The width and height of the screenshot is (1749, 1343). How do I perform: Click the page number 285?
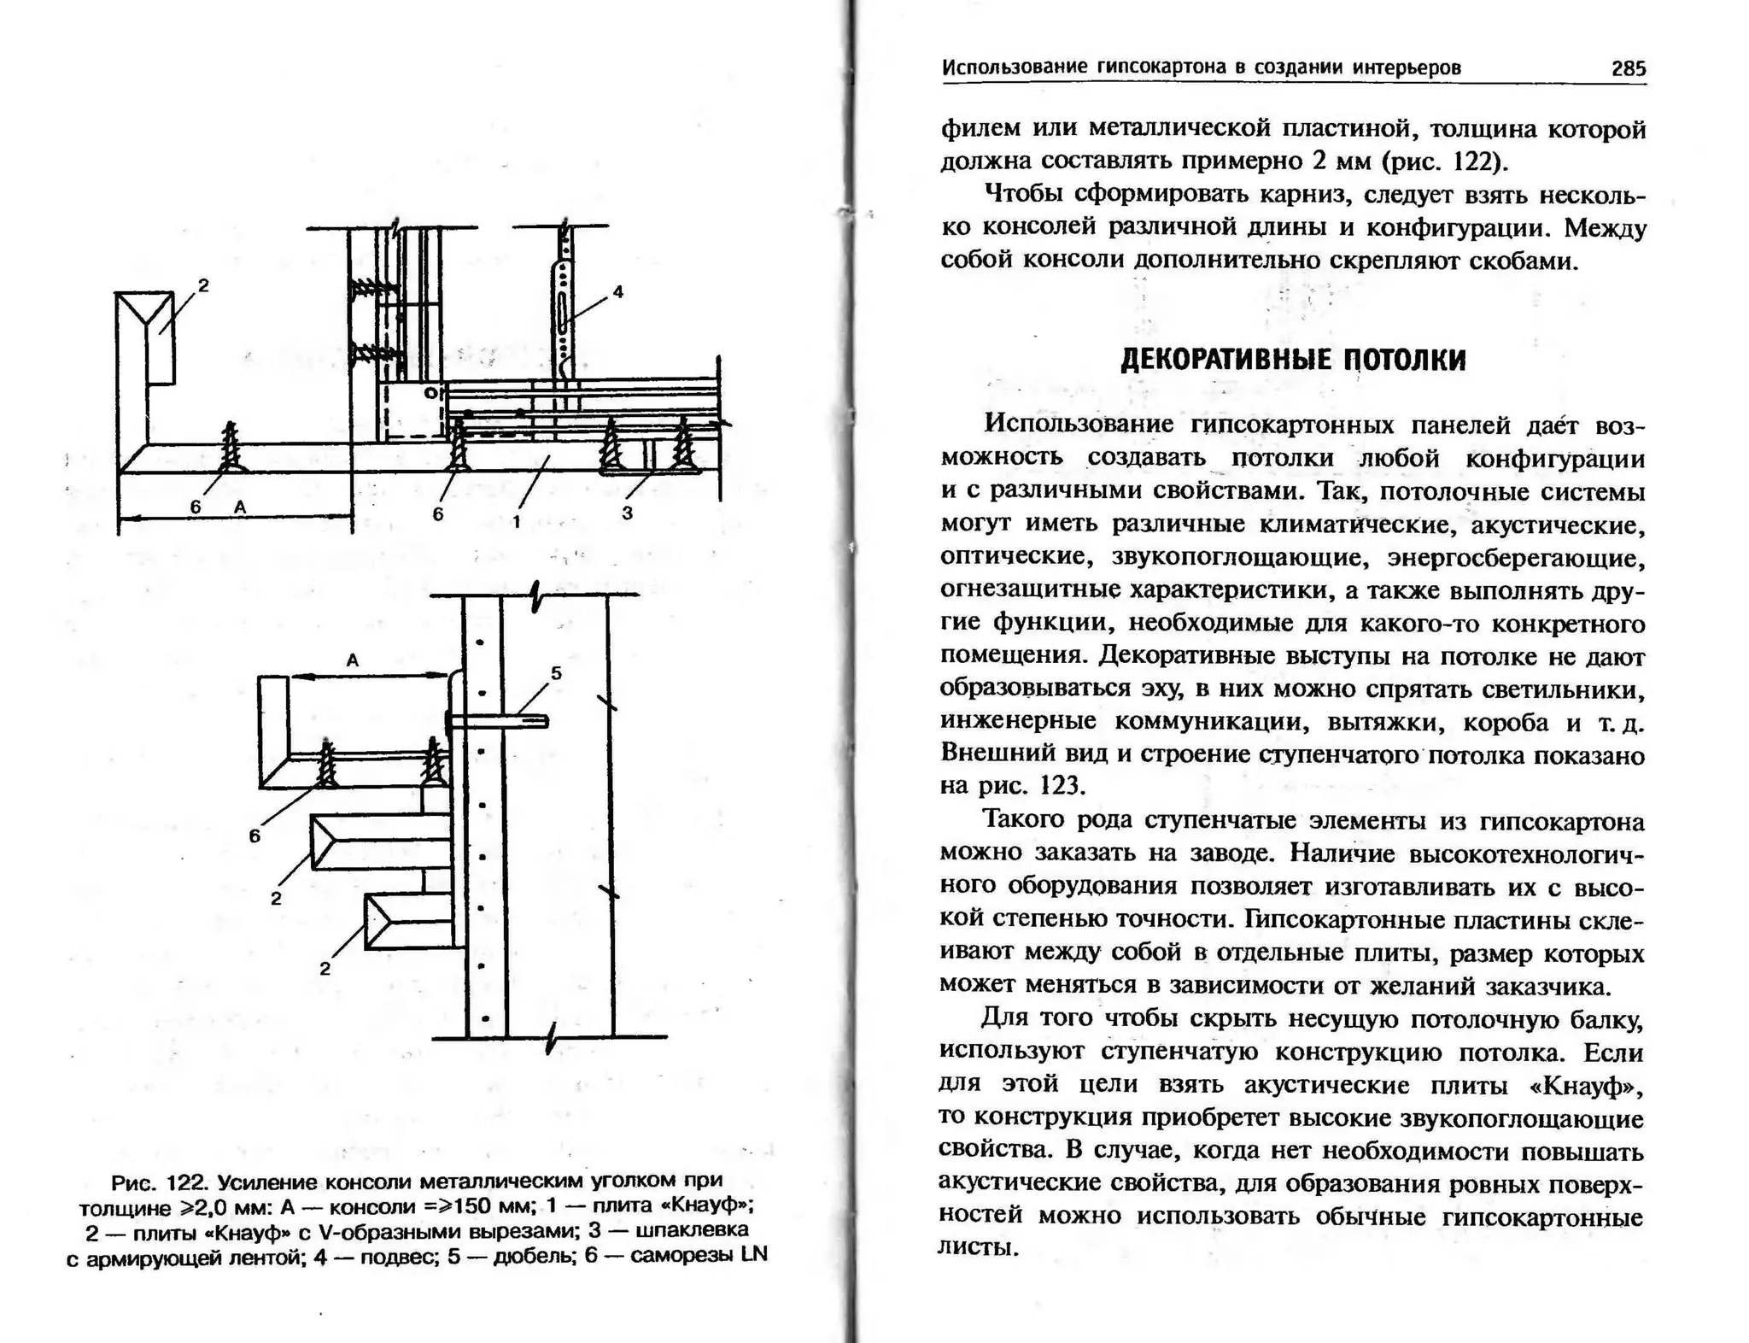click(1628, 68)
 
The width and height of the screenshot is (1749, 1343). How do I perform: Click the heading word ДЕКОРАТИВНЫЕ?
click(1223, 360)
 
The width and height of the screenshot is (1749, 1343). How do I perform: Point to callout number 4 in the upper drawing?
click(618, 291)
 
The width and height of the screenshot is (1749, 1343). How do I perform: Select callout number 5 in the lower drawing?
click(556, 673)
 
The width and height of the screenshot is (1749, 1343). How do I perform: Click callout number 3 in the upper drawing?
click(627, 513)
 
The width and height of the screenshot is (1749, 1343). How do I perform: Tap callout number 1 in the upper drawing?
click(516, 519)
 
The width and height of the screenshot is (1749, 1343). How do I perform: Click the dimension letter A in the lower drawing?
click(352, 660)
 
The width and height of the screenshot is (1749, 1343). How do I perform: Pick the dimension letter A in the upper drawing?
click(240, 507)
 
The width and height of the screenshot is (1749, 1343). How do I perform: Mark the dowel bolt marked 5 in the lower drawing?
click(495, 723)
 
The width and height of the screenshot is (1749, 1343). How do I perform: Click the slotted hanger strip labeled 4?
click(561, 308)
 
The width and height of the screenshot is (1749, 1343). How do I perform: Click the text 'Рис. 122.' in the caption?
click(160, 1182)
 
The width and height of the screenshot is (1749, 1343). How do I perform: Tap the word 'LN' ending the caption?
click(754, 1254)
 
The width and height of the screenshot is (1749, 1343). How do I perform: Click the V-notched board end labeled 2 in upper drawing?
click(146, 335)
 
